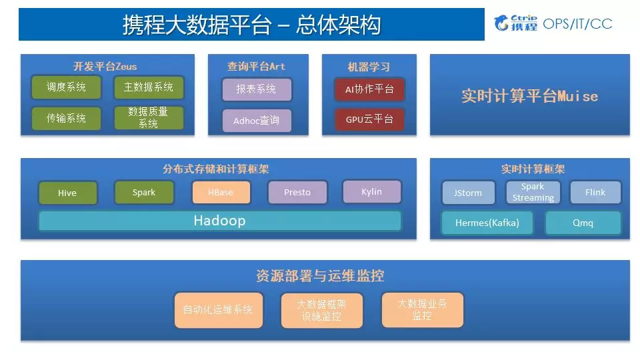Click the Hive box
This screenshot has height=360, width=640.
[68, 193]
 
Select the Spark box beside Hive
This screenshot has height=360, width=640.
[144, 192]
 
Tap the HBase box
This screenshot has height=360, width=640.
[221, 192]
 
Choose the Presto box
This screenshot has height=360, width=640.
[297, 192]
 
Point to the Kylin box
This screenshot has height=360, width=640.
[372, 191]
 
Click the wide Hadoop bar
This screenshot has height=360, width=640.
[220, 221]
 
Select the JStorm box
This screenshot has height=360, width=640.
[468, 193]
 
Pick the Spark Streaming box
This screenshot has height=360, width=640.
[533, 192]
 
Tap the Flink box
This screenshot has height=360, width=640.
[595, 192]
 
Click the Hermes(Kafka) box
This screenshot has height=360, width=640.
[487, 223]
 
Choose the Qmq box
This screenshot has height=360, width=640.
[583, 223]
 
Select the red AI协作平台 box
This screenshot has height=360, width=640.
[369, 89]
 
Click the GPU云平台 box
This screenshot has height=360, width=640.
[369, 120]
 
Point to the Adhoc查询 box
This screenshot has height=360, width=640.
[257, 121]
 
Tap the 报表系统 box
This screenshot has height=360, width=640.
[257, 89]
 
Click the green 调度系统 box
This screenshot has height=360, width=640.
[66, 87]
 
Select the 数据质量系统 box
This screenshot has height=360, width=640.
[148, 118]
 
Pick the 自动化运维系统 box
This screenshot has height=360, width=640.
[218, 310]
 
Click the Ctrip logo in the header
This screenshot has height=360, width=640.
[516, 23]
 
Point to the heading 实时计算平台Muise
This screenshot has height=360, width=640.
[530, 96]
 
